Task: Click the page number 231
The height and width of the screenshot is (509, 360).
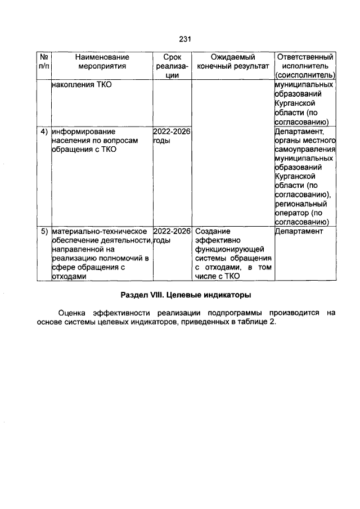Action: point(186,39)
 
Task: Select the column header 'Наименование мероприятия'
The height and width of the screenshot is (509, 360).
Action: point(102,61)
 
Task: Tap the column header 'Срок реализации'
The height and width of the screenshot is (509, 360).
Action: point(172,66)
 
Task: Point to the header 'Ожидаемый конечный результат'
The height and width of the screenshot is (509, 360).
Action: point(233,61)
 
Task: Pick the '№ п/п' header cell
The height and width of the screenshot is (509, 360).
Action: point(43,61)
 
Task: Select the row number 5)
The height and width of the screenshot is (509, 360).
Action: point(43,231)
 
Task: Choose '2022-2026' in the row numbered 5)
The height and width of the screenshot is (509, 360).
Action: point(172,231)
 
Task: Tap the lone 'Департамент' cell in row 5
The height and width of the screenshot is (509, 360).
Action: point(299,231)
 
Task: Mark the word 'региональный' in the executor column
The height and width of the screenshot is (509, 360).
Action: point(301,204)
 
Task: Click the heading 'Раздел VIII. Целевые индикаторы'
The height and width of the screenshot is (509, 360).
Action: point(185,295)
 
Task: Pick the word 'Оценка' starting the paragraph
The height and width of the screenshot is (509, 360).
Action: point(73,312)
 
